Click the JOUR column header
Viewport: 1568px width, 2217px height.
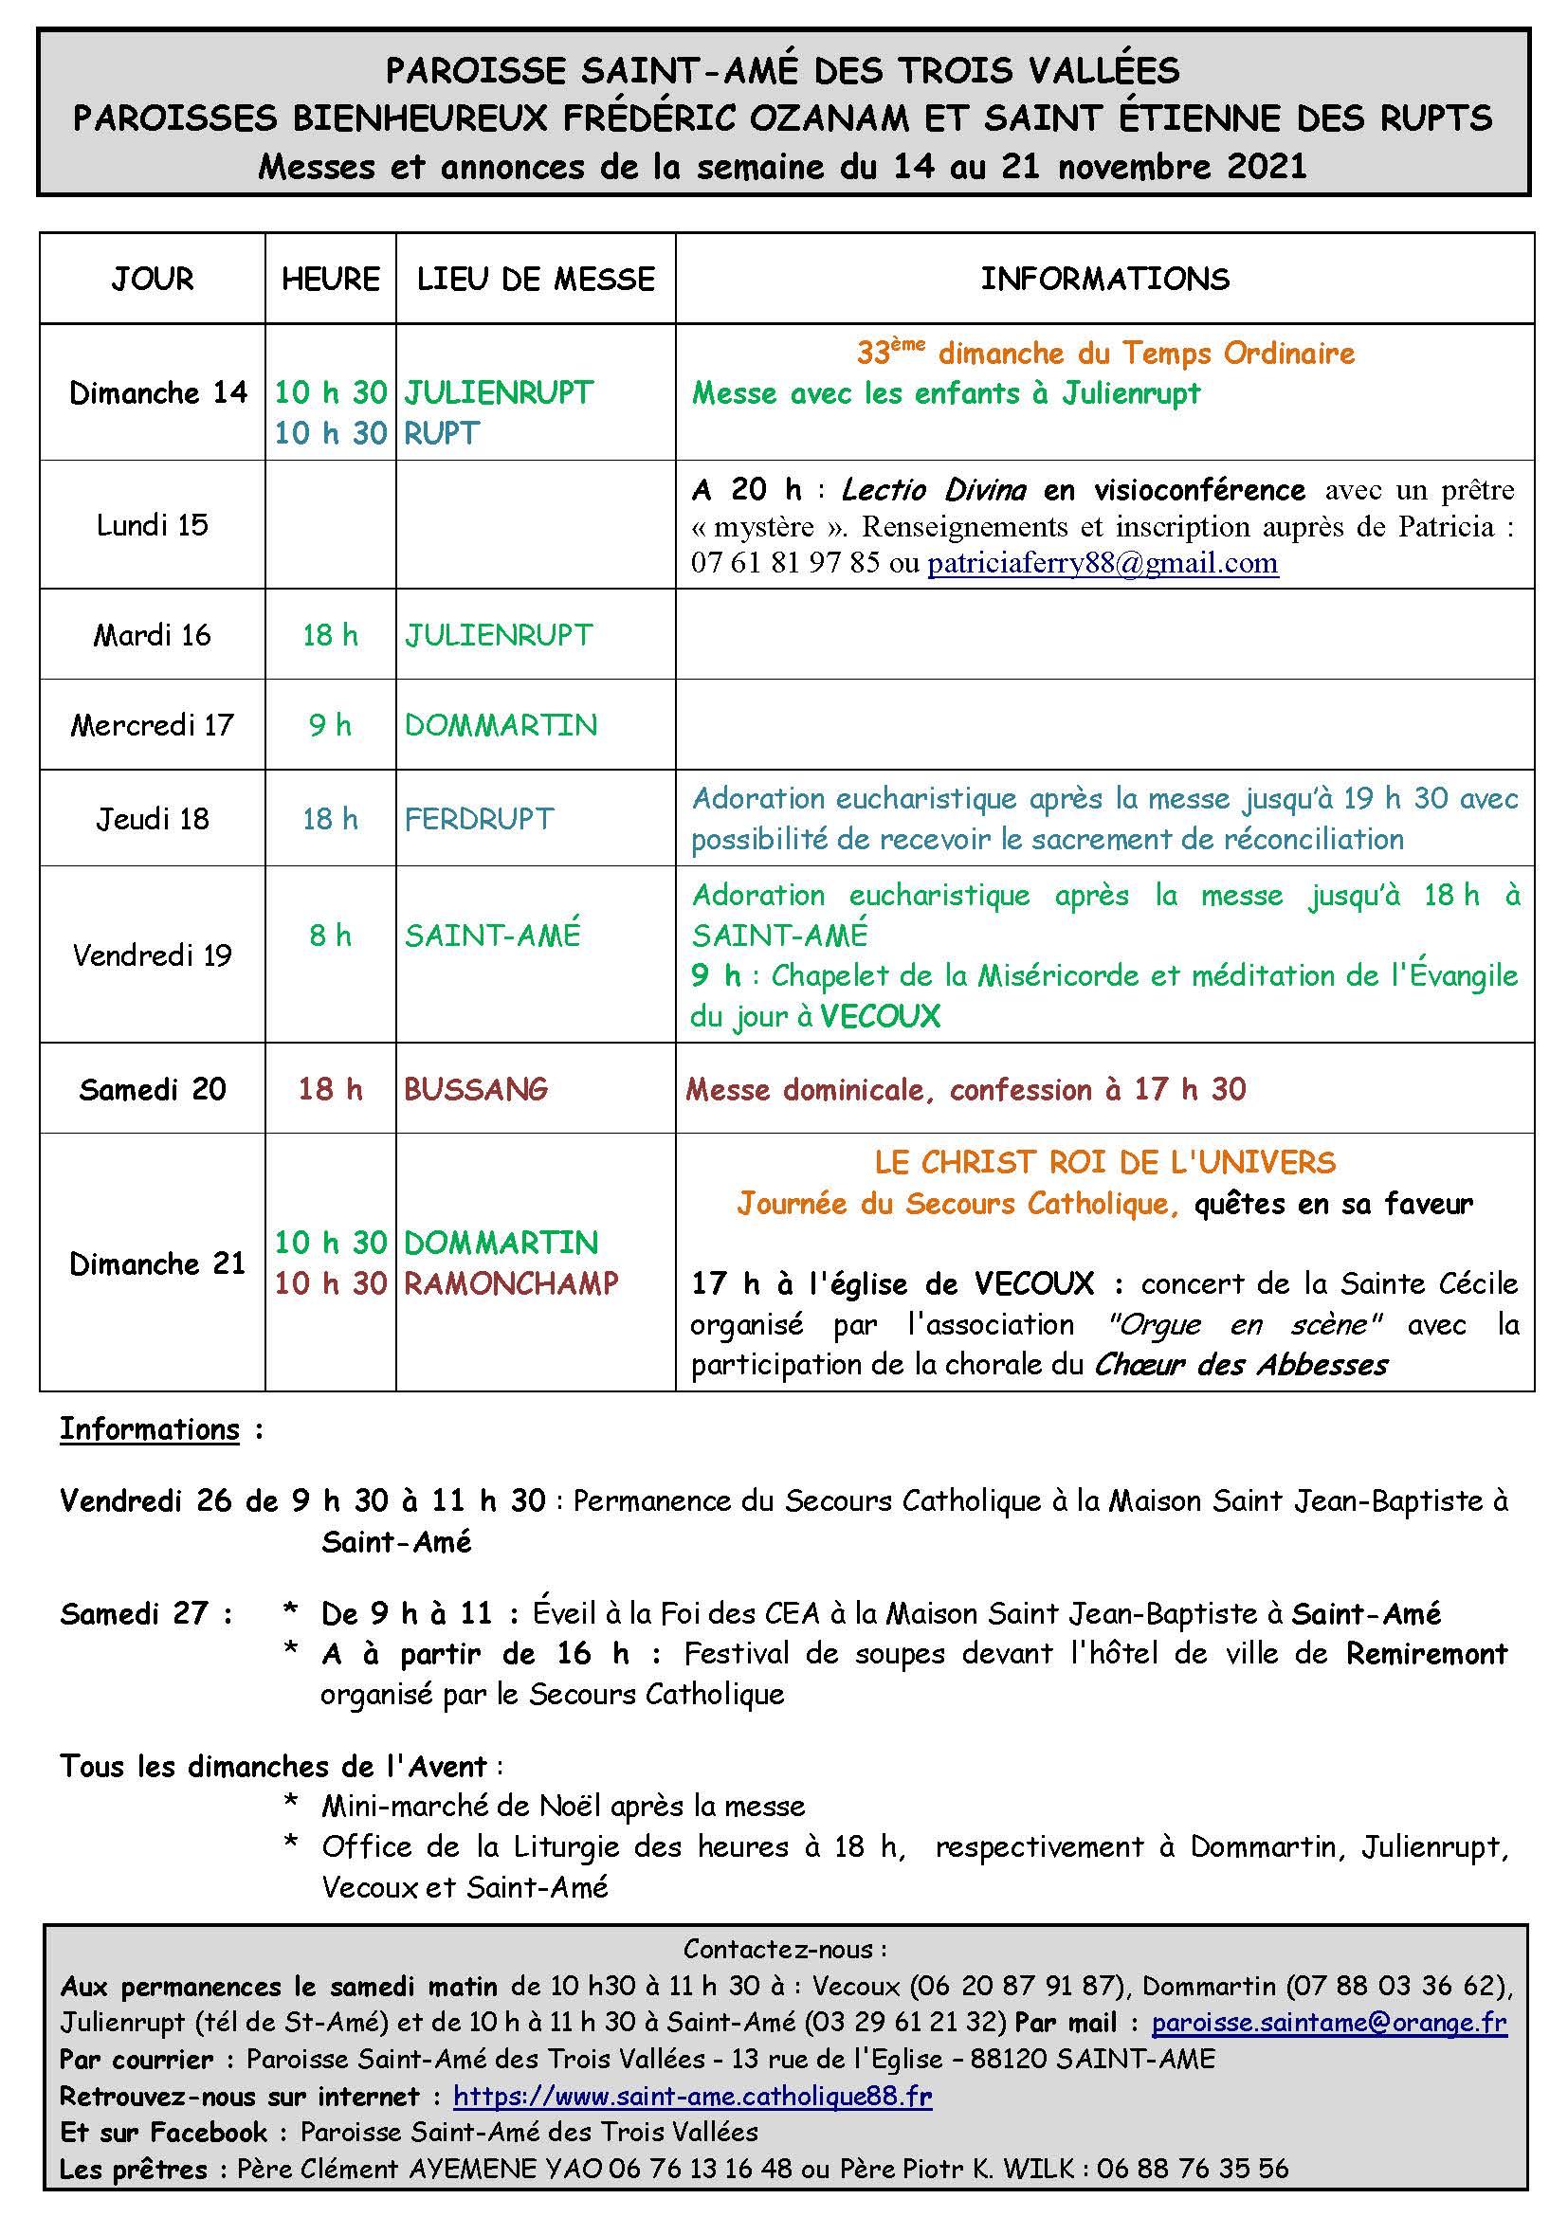(153, 279)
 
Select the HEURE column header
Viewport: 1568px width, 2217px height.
(330, 279)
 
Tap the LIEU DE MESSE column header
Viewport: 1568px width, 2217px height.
(536, 279)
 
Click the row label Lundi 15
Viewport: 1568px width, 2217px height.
(153, 525)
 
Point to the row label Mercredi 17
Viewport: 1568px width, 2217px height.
(153, 725)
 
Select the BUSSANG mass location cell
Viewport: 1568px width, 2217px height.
(476, 1089)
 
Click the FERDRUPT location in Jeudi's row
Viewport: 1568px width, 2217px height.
(479, 819)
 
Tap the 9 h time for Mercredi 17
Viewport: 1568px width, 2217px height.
(330, 725)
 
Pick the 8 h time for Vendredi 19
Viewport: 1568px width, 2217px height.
(330, 935)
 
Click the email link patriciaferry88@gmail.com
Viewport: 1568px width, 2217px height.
(1103, 563)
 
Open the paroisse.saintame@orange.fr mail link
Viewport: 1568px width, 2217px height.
(1328, 2022)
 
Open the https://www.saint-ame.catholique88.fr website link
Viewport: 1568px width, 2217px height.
(692, 2096)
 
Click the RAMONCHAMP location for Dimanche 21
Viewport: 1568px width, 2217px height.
(511, 1283)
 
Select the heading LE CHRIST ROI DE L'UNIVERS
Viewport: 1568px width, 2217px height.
(1104, 1163)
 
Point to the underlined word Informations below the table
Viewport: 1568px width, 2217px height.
(150, 1429)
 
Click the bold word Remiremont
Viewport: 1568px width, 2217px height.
(1426, 1653)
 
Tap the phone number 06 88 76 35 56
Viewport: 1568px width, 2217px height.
(1193, 2170)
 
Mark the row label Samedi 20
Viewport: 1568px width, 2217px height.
(153, 1089)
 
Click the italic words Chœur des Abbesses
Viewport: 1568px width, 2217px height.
(1241, 1364)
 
